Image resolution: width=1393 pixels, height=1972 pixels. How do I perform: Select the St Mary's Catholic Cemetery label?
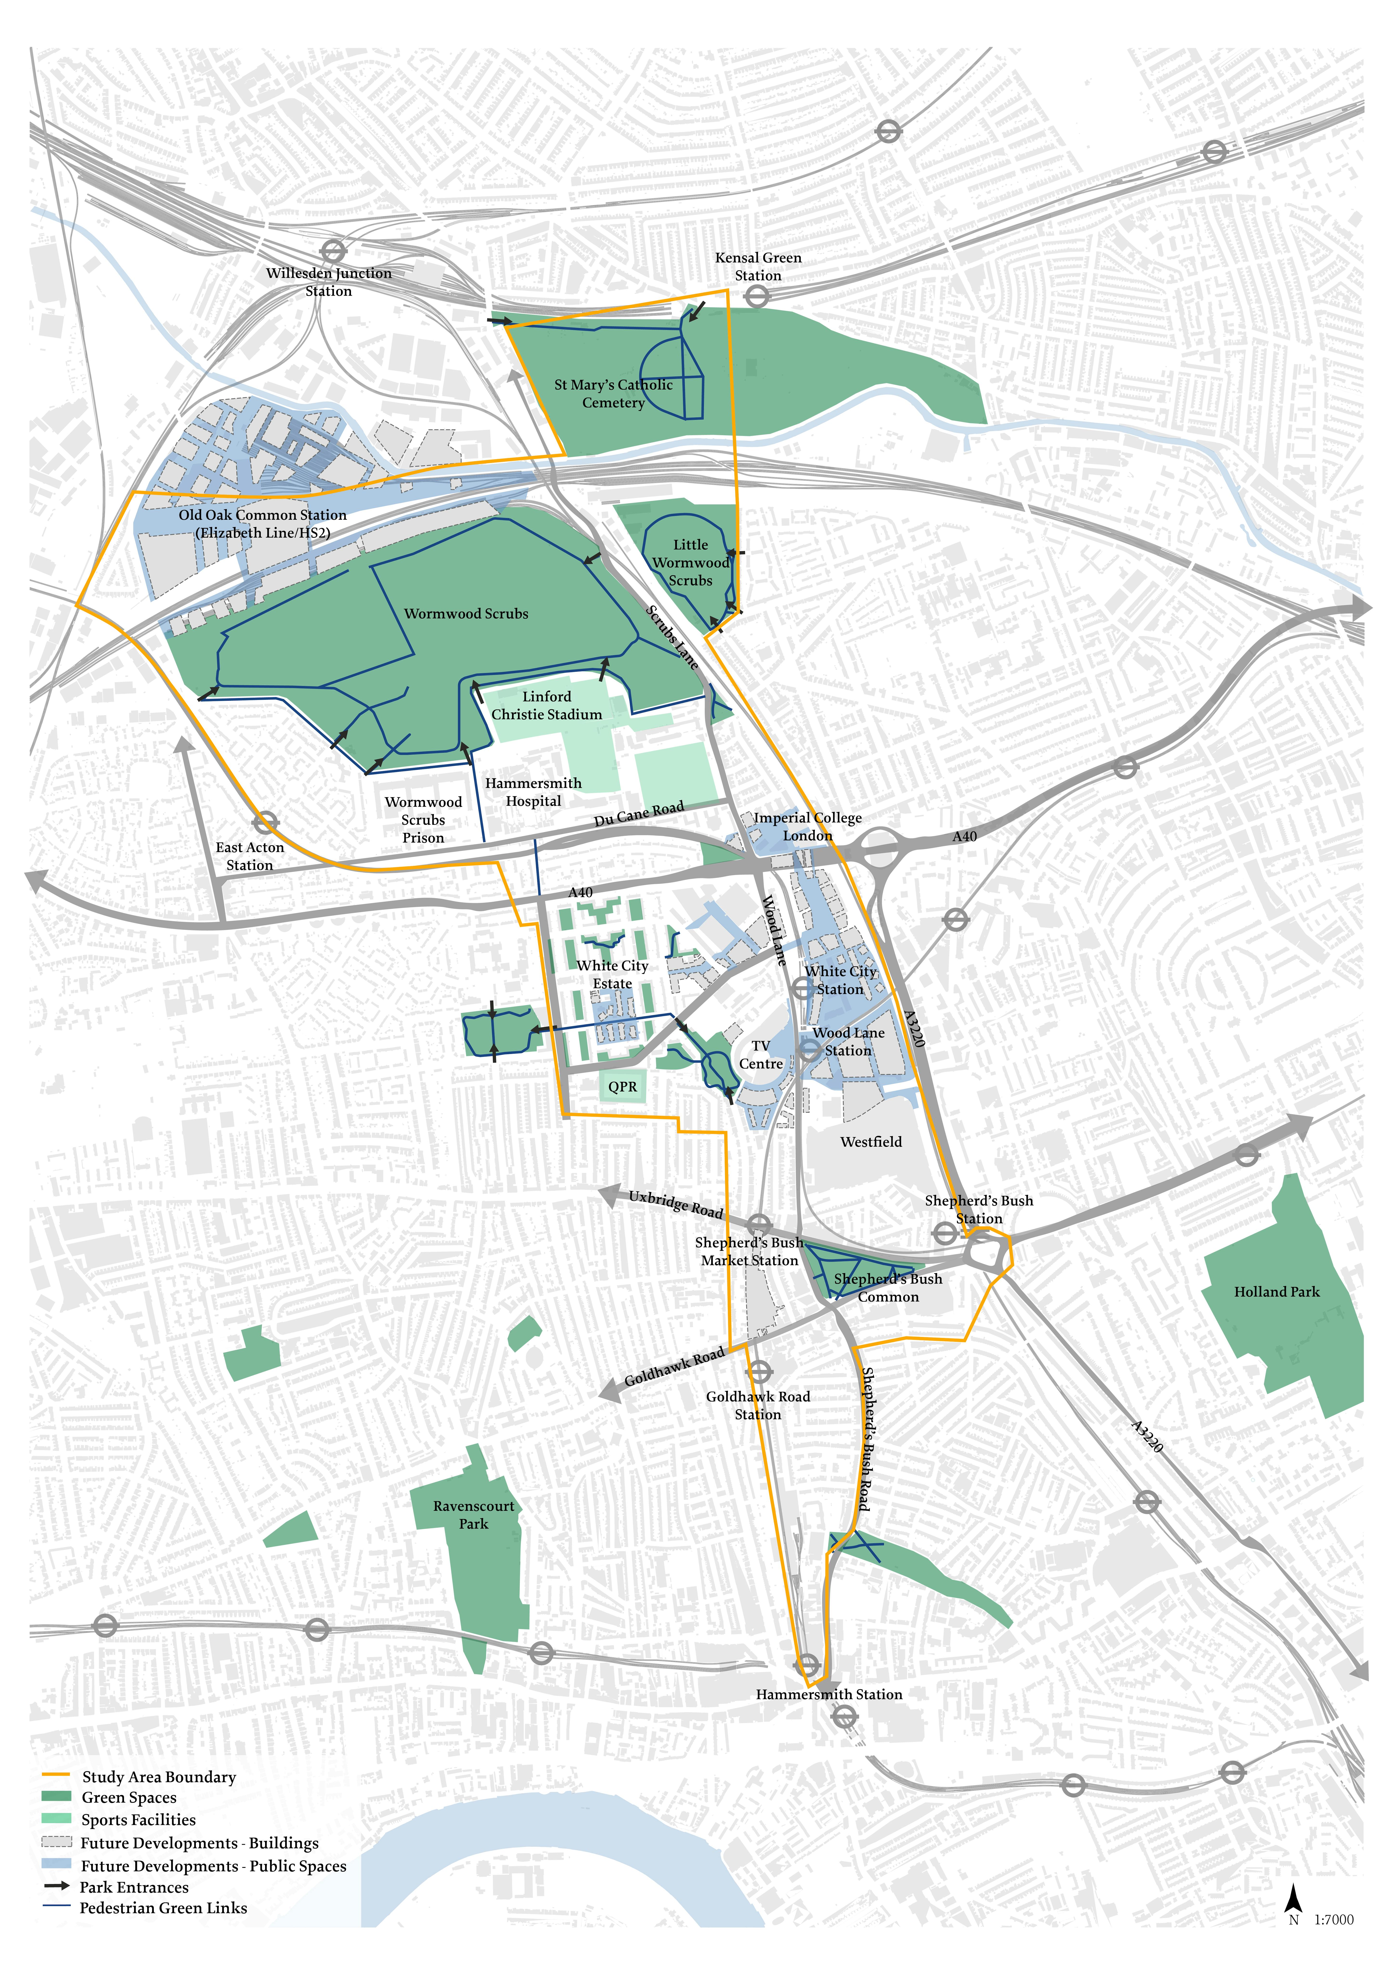613,393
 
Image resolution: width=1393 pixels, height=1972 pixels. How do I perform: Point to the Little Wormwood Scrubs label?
691,563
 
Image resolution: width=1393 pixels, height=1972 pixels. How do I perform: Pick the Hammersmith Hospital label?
533,792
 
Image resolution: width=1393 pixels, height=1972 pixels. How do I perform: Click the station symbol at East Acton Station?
265,823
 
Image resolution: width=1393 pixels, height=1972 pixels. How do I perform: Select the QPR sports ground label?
623,1086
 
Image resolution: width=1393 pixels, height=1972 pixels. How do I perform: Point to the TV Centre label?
761,1055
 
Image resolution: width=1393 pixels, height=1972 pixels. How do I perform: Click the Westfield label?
871,1142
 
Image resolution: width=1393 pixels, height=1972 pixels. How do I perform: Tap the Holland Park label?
1276,1292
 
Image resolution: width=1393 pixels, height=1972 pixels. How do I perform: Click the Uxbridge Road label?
676,1204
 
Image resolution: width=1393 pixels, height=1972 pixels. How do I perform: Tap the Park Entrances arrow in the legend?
57,1886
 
